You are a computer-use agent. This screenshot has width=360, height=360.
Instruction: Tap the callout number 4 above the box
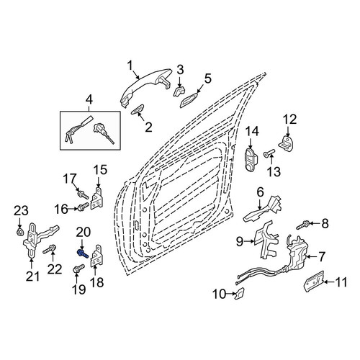click(x=89, y=101)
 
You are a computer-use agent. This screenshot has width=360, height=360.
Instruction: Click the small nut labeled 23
click(x=19, y=232)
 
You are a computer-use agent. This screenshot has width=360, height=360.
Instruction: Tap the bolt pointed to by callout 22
click(x=50, y=249)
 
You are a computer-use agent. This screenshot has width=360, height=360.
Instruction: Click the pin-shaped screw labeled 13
click(x=269, y=153)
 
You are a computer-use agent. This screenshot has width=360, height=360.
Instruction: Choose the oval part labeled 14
click(x=251, y=159)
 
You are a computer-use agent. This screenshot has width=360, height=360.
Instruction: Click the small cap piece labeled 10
click(x=240, y=293)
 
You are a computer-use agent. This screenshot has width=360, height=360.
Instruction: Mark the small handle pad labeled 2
click(x=138, y=109)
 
